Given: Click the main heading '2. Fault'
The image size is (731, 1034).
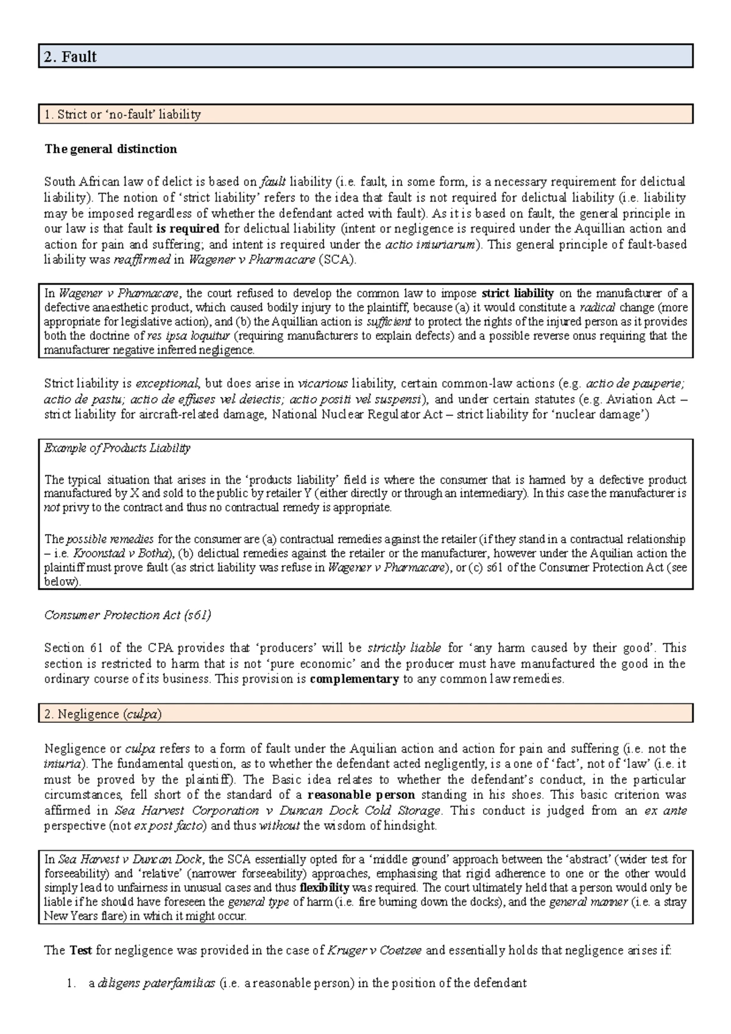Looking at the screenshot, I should tap(70, 57).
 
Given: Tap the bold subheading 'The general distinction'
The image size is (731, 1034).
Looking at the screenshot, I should tap(111, 149).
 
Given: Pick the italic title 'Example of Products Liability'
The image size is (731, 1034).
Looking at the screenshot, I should tap(118, 448).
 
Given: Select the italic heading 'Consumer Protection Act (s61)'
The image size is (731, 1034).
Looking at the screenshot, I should tap(128, 615).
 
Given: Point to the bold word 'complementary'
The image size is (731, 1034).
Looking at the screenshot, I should tap(354, 680).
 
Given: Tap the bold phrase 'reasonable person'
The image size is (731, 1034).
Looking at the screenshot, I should tap(361, 795).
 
